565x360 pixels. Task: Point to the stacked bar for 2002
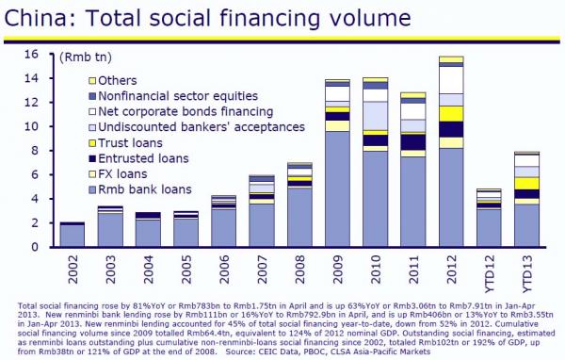click(x=73, y=235)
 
